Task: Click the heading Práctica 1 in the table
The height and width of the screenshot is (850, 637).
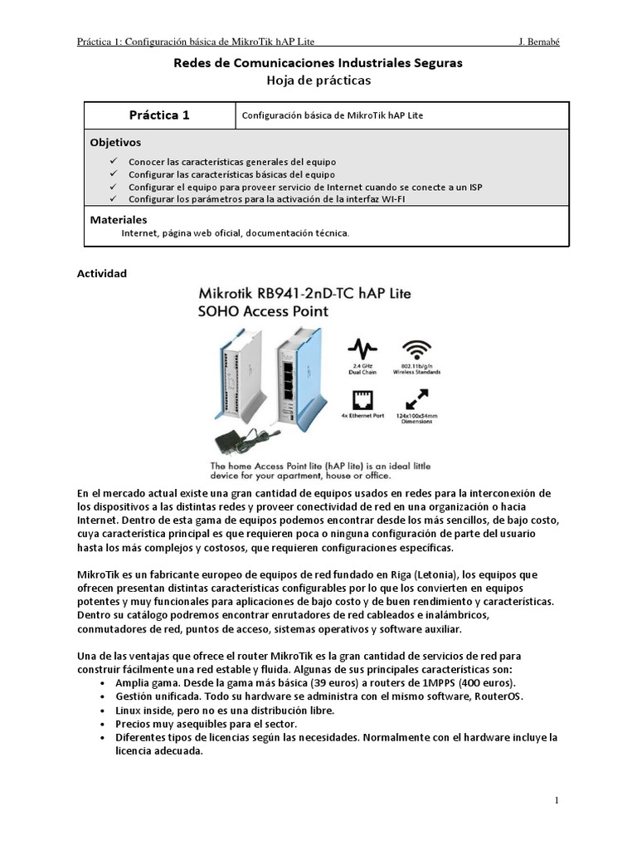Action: [159, 115]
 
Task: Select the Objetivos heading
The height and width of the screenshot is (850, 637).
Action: [115, 142]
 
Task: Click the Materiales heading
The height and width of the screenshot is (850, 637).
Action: [118, 220]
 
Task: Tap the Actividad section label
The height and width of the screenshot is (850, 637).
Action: [101, 273]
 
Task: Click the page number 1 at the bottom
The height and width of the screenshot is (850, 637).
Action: [557, 800]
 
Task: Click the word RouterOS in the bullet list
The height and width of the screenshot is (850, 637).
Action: [497, 696]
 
